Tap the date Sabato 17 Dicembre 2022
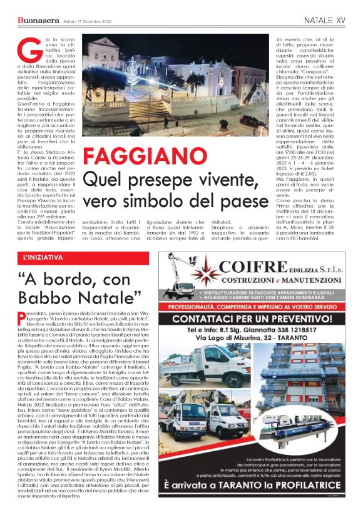point(87,21)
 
